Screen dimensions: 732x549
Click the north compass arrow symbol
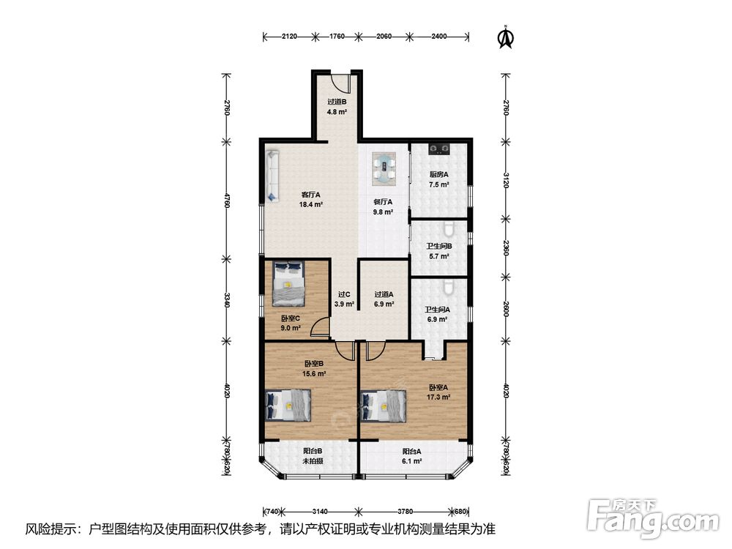tap(505, 37)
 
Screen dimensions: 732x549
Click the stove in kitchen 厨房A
tap(439, 149)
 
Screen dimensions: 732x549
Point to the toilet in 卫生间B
tap(449, 228)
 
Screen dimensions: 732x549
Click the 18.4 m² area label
tap(311, 204)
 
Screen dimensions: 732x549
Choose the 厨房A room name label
tap(438, 175)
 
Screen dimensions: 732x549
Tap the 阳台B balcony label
tap(313, 452)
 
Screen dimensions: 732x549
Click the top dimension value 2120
tap(289, 36)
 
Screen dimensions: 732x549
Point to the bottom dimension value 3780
tap(406, 512)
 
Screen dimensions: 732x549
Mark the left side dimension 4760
tap(227, 201)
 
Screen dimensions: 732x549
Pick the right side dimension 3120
tap(506, 180)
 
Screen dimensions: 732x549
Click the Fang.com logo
tap(653, 518)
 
